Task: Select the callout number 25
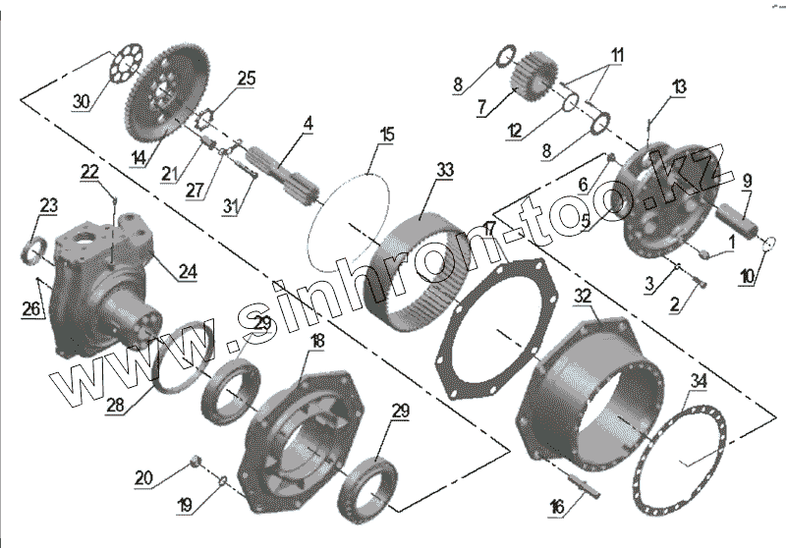point(246,77)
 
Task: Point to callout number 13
point(679,87)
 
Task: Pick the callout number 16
point(556,508)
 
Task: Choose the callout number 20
point(143,477)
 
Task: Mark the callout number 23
point(48,204)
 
